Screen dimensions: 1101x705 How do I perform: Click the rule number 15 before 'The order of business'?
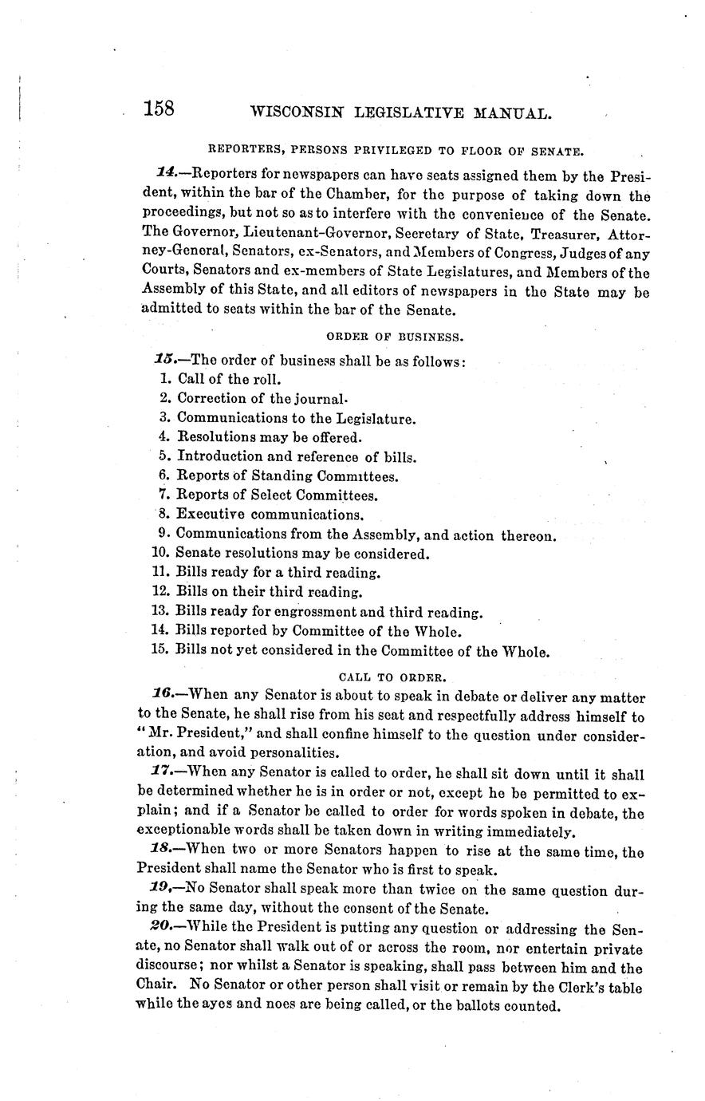click(166, 360)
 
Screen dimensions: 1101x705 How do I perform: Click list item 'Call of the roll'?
click(229, 379)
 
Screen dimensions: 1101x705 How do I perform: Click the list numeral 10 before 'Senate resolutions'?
click(159, 553)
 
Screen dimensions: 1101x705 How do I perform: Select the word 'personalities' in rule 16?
click(298, 752)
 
